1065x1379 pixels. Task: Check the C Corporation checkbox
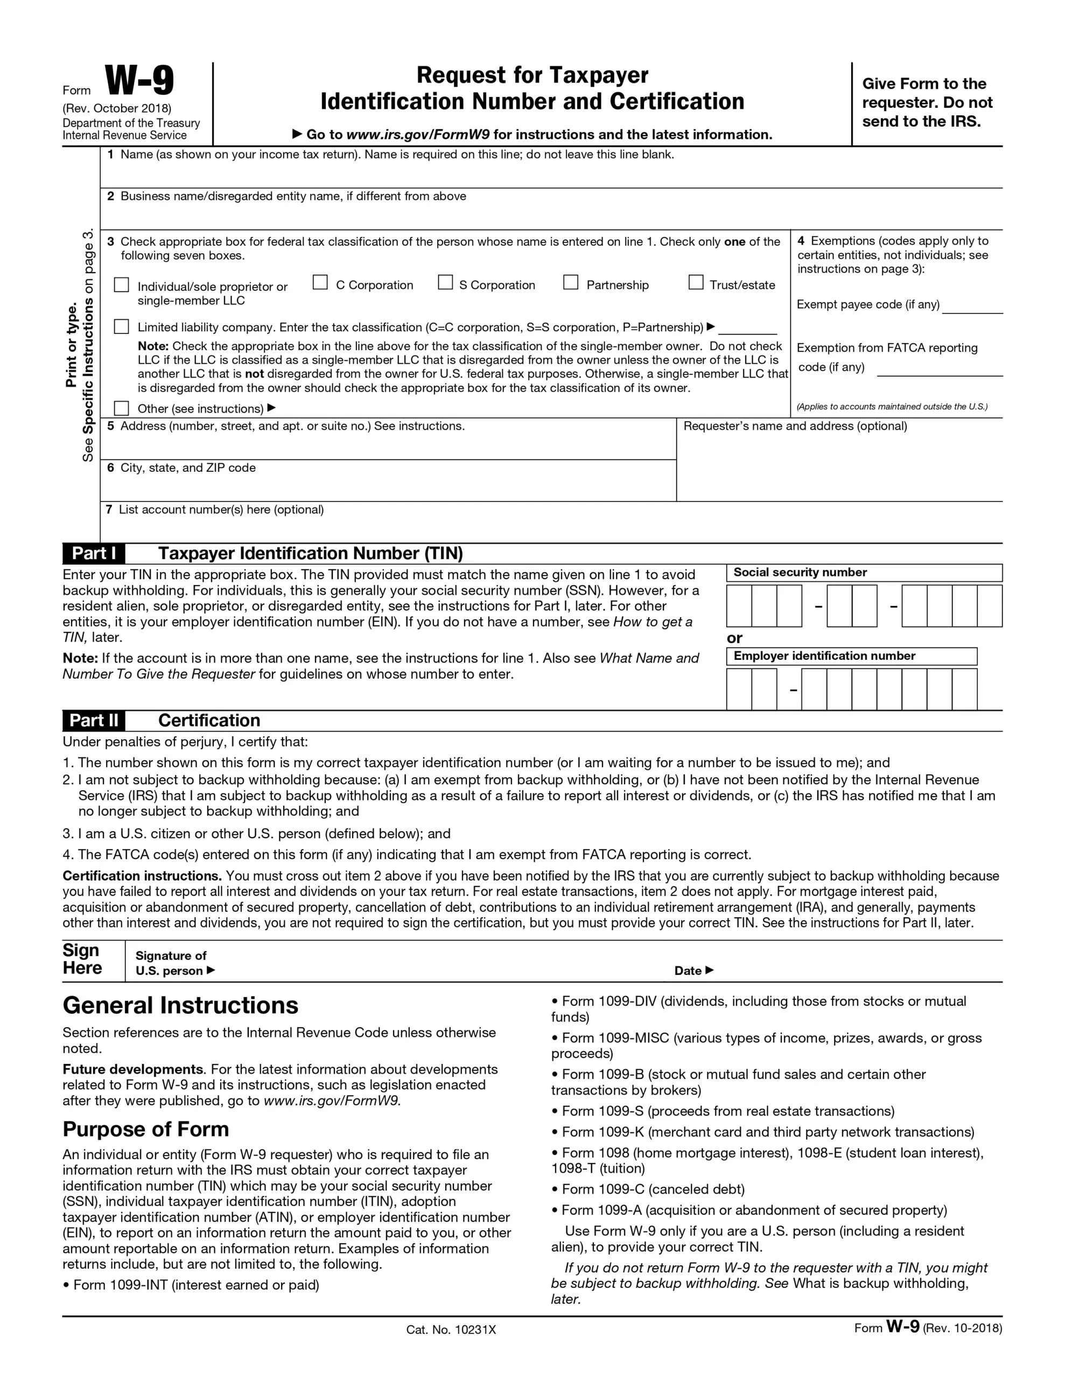[x=320, y=282]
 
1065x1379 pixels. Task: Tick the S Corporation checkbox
[x=445, y=282]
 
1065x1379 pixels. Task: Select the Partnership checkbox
[x=570, y=282]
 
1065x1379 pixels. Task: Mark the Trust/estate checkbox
[x=695, y=282]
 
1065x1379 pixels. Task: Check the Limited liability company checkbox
[x=121, y=326]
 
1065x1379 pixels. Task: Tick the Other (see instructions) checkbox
[x=121, y=408]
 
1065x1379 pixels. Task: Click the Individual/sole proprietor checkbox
[x=121, y=285]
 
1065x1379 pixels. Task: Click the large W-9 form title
[x=139, y=81]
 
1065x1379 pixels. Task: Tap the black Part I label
[x=94, y=554]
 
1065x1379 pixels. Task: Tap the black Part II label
[x=94, y=720]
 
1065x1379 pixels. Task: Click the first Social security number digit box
[x=739, y=605]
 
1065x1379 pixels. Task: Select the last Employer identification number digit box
[x=964, y=689]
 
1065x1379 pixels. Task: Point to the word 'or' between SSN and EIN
[x=734, y=638]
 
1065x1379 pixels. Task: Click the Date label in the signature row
[x=688, y=971]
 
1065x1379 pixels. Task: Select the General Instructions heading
[x=180, y=1006]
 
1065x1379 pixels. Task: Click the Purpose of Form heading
[x=146, y=1129]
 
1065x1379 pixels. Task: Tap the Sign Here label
[x=82, y=959]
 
